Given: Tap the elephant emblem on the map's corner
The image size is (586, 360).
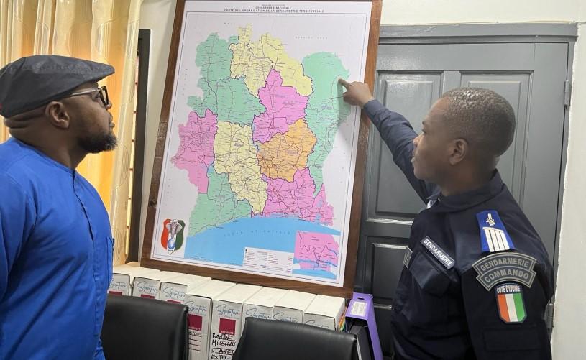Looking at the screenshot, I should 172,234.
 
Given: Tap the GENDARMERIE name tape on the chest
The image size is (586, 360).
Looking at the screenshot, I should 437,252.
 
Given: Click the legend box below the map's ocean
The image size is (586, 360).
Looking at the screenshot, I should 267,259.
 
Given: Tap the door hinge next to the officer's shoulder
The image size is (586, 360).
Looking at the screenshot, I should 567,93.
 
